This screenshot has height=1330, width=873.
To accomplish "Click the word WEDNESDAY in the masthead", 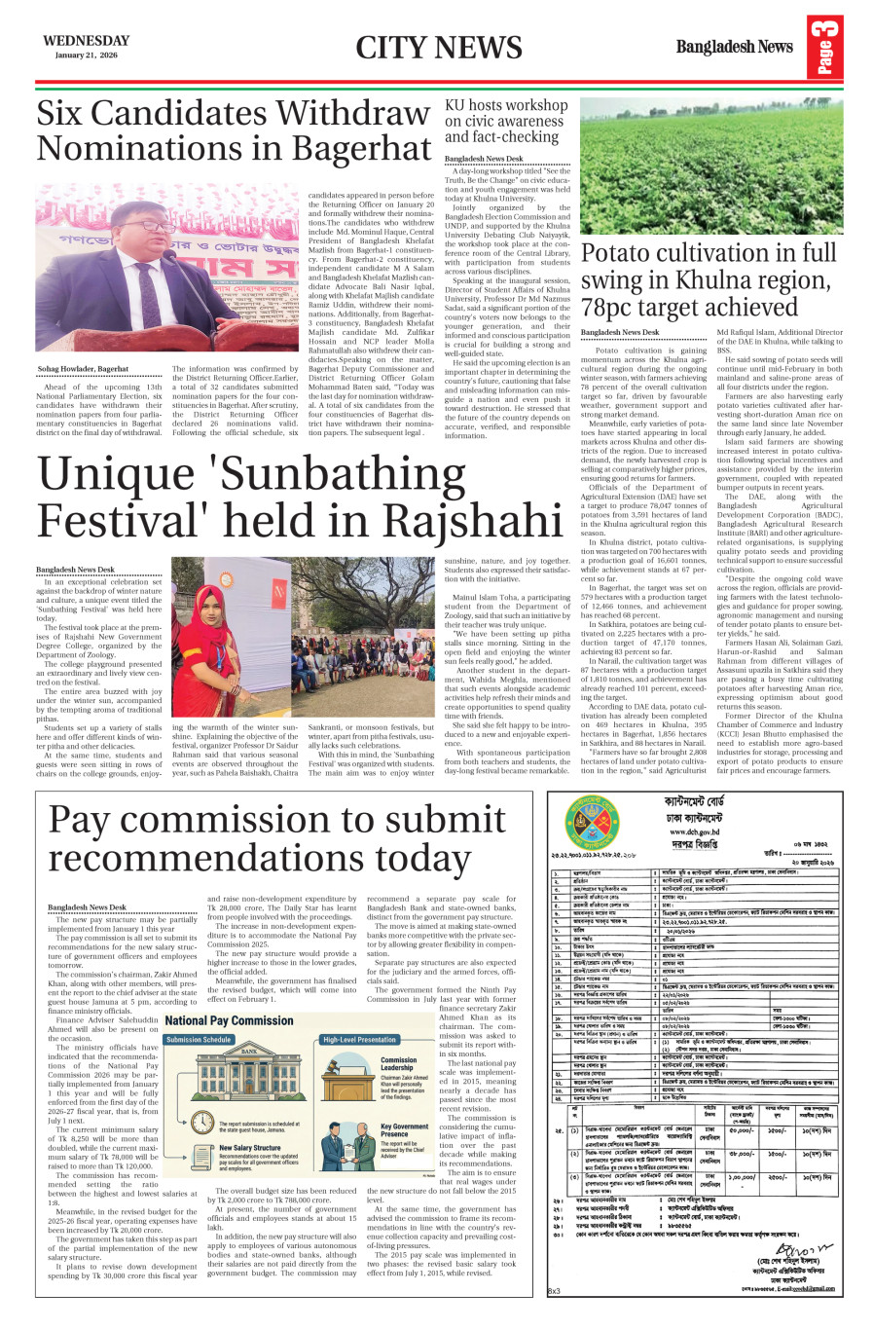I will click(x=86, y=41).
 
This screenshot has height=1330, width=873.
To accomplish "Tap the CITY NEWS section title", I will click(x=438, y=48).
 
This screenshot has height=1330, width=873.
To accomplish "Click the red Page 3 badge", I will click(x=825, y=47).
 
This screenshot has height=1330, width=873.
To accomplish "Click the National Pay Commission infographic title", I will click(x=229, y=1020).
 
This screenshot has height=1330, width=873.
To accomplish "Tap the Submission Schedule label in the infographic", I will click(x=199, y=1040).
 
